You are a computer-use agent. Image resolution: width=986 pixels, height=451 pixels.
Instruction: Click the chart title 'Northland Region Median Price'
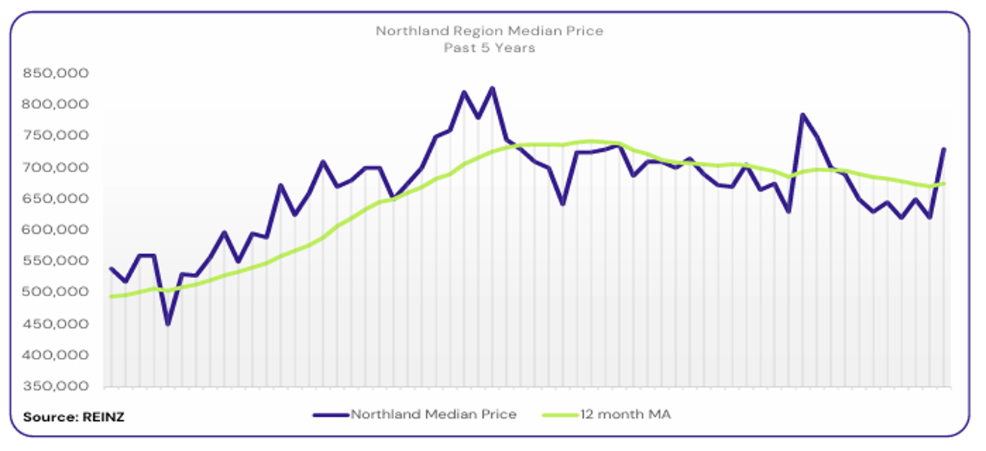click(489, 31)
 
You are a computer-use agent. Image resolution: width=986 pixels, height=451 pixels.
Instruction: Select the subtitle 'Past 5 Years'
click(489, 47)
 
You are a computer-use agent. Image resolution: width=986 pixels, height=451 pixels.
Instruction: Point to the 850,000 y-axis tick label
click(56, 74)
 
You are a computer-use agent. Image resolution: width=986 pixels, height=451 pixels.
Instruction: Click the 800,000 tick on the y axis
click(56, 104)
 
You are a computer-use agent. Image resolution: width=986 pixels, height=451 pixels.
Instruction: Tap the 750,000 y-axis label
click(56, 136)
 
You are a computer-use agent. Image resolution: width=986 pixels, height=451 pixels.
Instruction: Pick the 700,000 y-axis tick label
click(56, 168)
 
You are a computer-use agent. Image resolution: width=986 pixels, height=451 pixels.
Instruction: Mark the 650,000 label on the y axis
click(56, 199)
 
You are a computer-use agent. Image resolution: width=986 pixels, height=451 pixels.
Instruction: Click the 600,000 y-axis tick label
click(56, 230)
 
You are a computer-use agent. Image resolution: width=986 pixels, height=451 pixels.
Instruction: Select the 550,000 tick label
click(56, 262)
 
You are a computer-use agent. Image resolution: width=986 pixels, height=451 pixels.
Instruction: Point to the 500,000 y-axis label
click(56, 292)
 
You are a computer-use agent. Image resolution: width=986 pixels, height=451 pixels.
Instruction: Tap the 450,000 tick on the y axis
click(56, 324)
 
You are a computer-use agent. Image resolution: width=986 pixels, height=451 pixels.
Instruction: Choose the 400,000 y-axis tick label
click(56, 355)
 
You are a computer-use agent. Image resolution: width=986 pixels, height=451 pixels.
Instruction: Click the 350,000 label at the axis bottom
click(56, 386)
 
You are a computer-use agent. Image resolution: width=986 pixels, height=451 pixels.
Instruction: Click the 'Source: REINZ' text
click(74, 416)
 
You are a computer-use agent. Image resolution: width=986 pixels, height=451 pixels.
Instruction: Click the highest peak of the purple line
click(493, 88)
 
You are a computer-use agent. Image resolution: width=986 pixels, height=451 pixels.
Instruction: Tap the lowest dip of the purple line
click(168, 324)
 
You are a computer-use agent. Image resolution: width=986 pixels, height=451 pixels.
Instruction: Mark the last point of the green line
click(944, 183)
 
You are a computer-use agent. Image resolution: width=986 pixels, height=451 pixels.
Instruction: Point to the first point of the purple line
click(111, 268)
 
